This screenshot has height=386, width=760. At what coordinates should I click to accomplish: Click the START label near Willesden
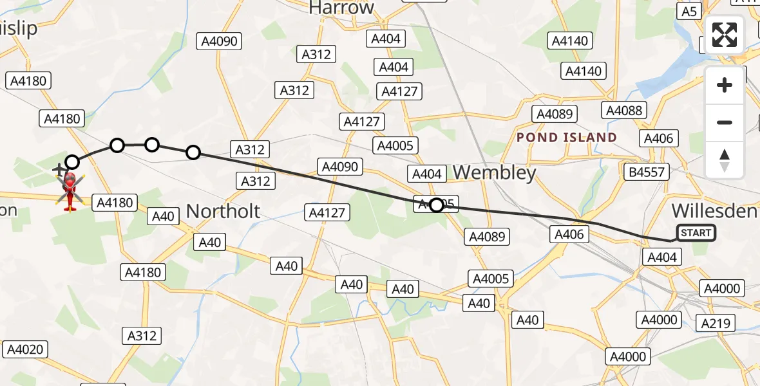(x=696, y=233)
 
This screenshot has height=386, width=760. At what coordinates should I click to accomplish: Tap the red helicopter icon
(x=71, y=191)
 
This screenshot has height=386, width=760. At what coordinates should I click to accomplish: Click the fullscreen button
(x=725, y=35)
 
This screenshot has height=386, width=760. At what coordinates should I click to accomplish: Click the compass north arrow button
(x=725, y=160)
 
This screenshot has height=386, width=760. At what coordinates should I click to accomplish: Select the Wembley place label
(x=495, y=172)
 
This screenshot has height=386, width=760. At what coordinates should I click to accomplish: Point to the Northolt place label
(x=223, y=211)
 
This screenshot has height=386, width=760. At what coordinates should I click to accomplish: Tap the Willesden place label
(x=714, y=210)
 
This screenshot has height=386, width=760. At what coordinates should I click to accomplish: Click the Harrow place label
(x=341, y=8)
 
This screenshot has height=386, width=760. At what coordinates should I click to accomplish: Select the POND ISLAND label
(x=567, y=138)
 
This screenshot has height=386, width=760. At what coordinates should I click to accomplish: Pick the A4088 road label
(x=624, y=111)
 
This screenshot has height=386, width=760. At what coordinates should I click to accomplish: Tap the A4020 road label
(x=26, y=350)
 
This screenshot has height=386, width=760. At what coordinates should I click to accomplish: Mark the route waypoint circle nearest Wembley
(x=437, y=205)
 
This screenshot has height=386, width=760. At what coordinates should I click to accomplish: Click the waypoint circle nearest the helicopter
(x=72, y=162)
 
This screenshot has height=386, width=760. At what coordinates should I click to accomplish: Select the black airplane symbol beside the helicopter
(x=59, y=170)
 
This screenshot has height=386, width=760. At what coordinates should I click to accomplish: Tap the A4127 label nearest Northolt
(x=328, y=212)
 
